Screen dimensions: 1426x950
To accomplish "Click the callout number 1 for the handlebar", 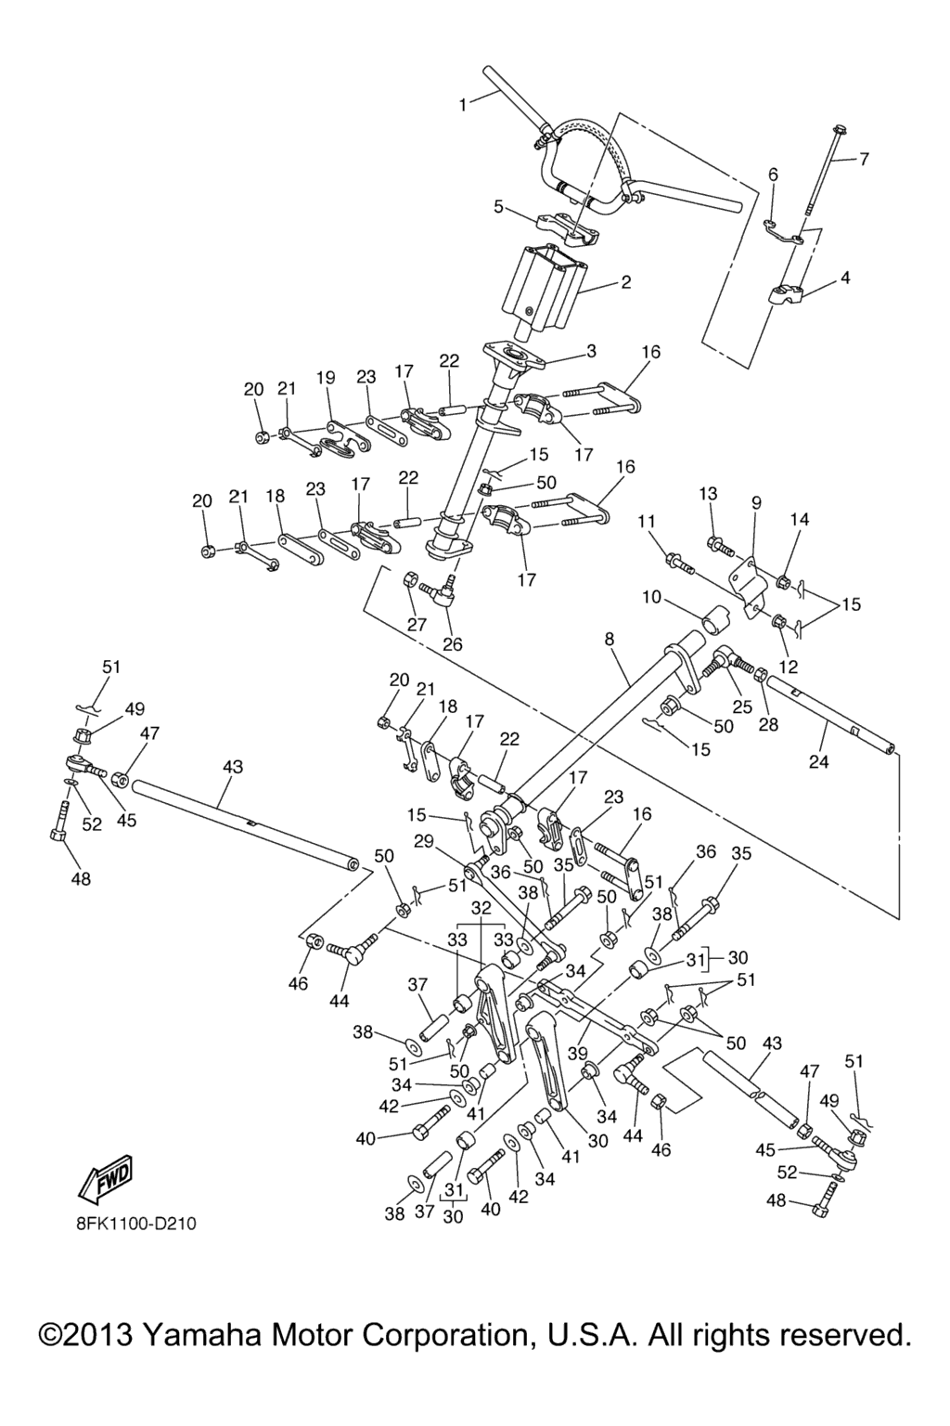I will pyautogui.click(x=463, y=106).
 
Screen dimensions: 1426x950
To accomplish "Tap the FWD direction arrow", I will pyautogui.click(x=107, y=1176).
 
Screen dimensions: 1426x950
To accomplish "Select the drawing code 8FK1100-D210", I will pyautogui.click(x=136, y=1223).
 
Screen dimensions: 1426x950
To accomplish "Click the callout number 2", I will pyautogui.click(x=626, y=282).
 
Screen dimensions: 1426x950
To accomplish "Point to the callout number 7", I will pyautogui.click(x=864, y=159).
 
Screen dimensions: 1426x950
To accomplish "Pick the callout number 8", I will pyautogui.click(x=610, y=640).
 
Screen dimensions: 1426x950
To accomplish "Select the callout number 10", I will pyautogui.click(x=651, y=596).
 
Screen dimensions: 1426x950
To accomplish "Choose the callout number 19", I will pyautogui.click(x=325, y=378).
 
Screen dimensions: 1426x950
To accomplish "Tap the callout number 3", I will pyautogui.click(x=591, y=351).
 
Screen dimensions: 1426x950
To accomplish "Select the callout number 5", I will pyautogui.click(x=498, y=206).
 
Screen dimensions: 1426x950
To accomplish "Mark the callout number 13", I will pyautogui.click(x=709, y=493).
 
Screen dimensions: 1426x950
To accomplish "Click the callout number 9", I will pyautogui.click(x=756, y=502).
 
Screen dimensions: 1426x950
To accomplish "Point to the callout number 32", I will pyautogui.click(x=481, y=906).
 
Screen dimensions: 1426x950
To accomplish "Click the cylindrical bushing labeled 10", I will pyautogui.click(x=714, y=620).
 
